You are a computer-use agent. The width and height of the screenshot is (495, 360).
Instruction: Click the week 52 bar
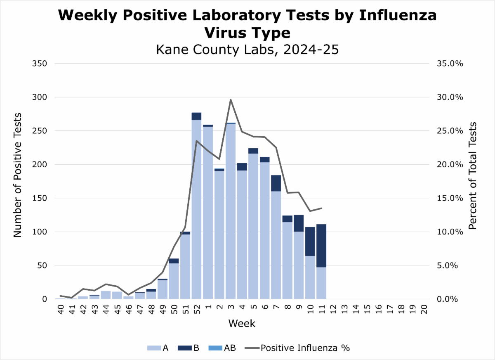coord(196,206)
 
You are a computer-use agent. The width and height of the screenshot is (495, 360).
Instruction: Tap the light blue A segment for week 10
coord(310,277)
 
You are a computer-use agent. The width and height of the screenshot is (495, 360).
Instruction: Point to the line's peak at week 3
coord(231,99)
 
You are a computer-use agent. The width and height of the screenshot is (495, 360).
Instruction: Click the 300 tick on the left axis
coord(40,97)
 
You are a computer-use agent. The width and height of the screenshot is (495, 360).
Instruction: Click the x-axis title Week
coord(242,323)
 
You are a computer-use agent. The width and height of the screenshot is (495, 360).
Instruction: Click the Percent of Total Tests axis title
coord(473,175)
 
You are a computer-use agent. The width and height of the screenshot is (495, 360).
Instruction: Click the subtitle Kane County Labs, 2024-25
coord(247,50)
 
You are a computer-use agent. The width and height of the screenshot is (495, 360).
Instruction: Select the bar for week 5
coord(253,225)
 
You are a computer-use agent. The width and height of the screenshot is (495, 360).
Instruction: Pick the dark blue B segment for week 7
coord(276,183)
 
